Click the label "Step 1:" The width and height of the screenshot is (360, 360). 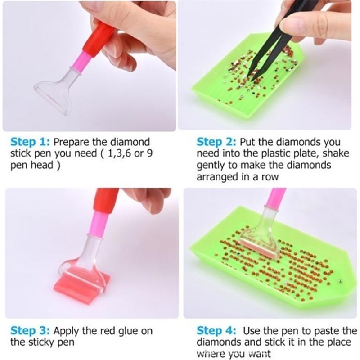[x=30, y=143]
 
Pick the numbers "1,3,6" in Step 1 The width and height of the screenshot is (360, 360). [x=118, y=154]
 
